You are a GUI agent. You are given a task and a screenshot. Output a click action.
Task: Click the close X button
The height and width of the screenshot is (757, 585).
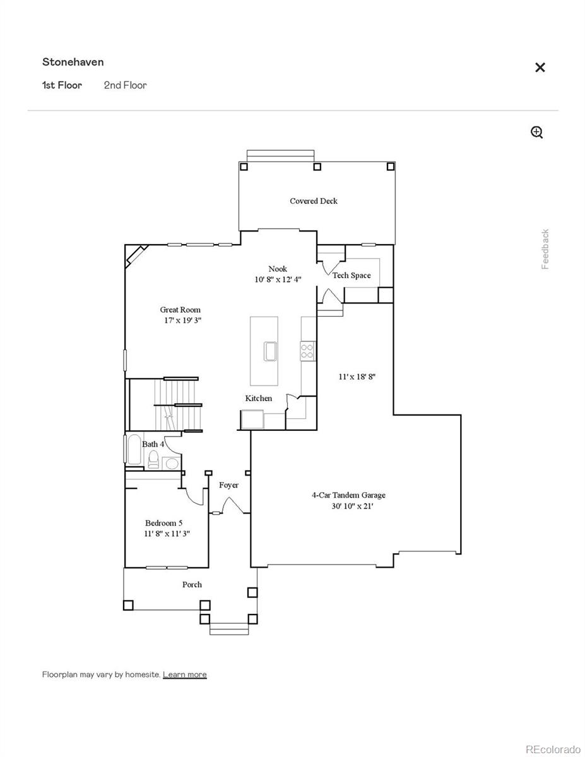click(x=540, y=67)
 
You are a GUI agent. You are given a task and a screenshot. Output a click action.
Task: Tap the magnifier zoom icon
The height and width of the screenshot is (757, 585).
click(x=536, y=132)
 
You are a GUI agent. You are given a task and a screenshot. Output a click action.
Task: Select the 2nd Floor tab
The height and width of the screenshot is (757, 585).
click(x=125, y=85)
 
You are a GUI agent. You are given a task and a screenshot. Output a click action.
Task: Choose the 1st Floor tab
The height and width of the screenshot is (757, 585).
click(x=62, y=85)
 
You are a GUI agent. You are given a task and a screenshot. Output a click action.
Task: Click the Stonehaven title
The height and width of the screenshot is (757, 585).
click(x=73, y=62)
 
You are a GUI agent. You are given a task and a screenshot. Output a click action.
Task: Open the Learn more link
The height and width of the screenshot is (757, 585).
click(x=184, y=674)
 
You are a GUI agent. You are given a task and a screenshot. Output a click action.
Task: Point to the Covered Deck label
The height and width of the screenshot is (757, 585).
click(x=314, y=201)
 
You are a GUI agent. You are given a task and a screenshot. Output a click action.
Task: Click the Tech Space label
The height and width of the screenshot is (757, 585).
click(x=352, y=275)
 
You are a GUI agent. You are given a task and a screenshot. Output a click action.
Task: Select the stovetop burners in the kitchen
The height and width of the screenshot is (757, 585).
click(x=307, y=351)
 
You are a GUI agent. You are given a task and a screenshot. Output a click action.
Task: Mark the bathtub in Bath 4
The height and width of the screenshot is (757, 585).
click(x=134, y=449)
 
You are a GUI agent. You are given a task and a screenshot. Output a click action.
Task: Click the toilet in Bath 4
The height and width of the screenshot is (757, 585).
click(x=153, y=462)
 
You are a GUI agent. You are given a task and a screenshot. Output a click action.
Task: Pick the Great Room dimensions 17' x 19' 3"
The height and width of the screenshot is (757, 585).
click(x=182, y=320)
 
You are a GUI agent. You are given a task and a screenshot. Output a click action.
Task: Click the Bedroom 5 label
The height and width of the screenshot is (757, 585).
click(x=164, y=523)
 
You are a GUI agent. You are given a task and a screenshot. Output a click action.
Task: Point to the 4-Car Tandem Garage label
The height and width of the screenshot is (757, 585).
click(x=348, y=495)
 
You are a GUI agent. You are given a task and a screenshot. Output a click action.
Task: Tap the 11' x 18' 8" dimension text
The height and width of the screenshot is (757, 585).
click(x=357, y=377)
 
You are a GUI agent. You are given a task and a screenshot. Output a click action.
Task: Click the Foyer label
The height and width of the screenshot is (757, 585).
click(x=228, y=485)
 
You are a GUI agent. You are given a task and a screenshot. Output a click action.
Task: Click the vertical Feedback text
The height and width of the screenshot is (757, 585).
click(x=545, y=249)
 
